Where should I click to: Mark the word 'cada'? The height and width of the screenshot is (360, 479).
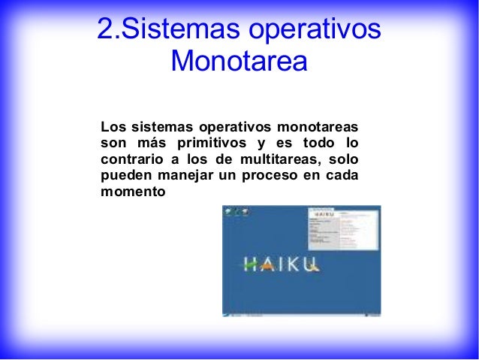point(342,175)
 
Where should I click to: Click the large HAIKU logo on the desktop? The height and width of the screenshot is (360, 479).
point(282,264)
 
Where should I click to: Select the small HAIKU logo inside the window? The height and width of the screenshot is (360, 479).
point(324,215)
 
